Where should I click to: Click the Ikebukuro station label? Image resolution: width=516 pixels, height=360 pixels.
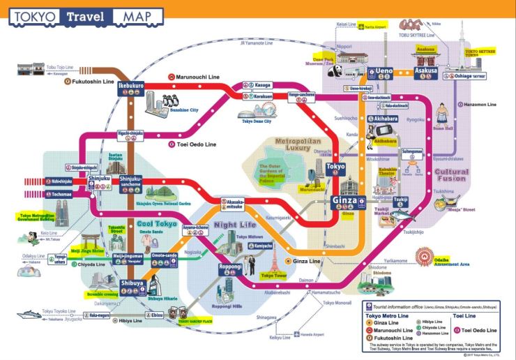130,86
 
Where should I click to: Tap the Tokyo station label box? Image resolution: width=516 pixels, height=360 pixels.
335,167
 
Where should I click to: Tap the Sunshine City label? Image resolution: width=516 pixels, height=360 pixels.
183,110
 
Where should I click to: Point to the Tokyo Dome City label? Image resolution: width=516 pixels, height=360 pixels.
257,121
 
